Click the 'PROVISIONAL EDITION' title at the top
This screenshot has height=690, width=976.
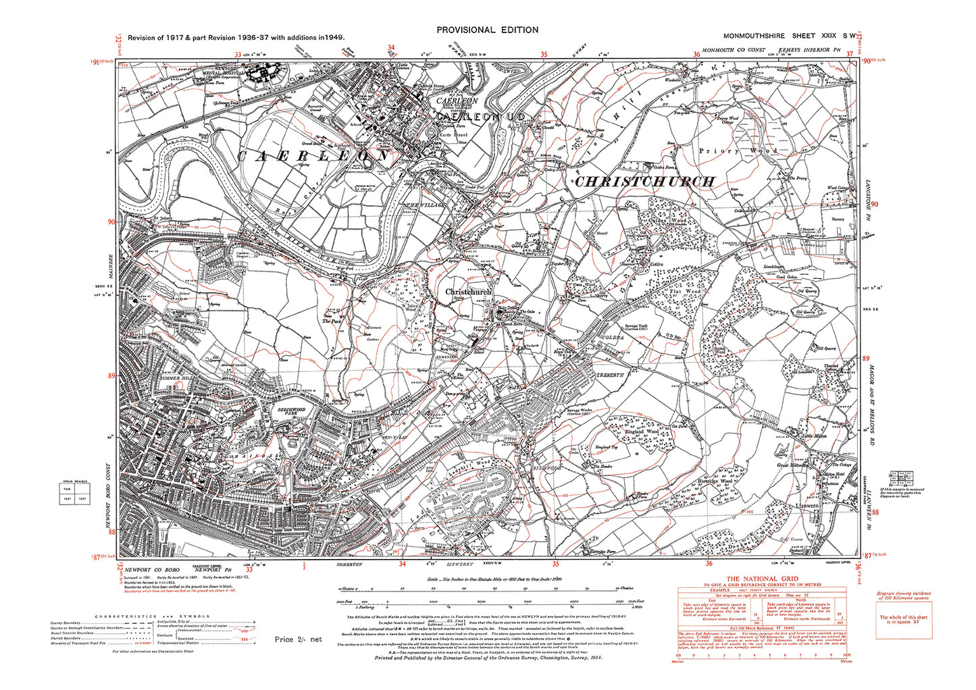pyautogui.click(x=487, y=30)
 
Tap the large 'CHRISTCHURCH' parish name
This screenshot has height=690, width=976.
pyautogui.click(x=644, y=182)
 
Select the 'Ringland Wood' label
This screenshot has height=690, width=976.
pyautogui.click(x=642, y=431)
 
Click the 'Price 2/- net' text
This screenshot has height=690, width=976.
pyautogui.click(x=298, y=639)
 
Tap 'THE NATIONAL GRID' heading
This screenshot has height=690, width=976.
pyautogui.click(x=761, y=579)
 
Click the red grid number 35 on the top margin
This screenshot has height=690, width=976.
pyautogui.click(x=544, y=55)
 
